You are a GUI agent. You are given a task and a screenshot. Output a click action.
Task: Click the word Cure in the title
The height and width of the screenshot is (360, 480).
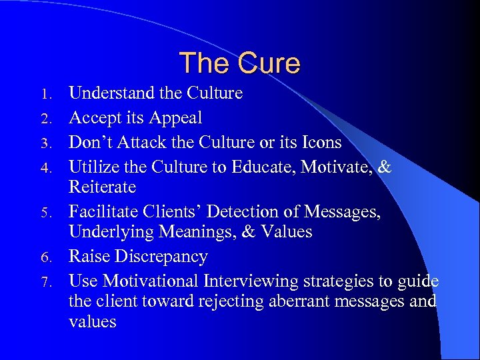point(268,63)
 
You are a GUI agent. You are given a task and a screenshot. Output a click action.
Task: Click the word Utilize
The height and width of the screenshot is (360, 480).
point(92,167)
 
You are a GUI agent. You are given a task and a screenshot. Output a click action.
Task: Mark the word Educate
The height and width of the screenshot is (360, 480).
point(262,167)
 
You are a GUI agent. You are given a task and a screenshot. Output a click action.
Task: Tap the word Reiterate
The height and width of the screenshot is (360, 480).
point(102,187)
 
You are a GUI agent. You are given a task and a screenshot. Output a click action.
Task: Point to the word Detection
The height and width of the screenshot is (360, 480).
point(243,212)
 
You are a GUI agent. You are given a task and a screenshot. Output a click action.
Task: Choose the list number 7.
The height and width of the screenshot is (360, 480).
point(56,281)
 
